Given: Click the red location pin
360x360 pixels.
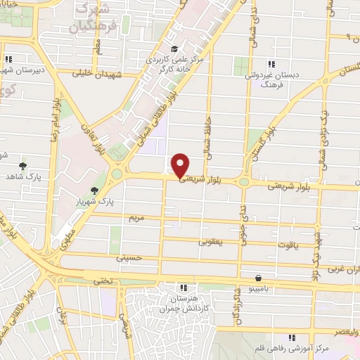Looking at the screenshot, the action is (181, 165).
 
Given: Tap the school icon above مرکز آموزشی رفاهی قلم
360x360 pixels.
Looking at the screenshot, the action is (291, 337).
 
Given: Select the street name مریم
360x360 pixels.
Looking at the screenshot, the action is (136, 218).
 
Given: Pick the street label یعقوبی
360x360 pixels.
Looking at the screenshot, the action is (210, 241).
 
